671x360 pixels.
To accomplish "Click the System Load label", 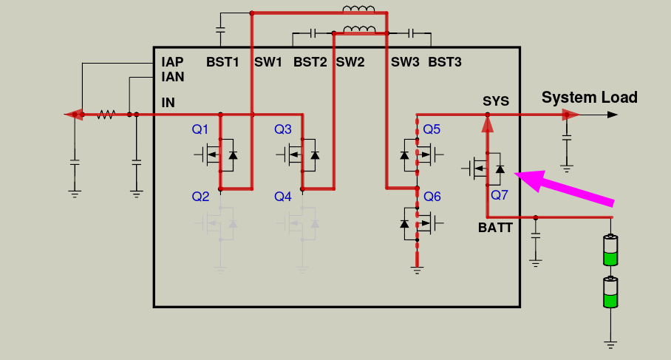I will (589, 98).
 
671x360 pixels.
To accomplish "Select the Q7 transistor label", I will (500, 195).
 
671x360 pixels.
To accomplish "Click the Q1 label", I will (200, 130).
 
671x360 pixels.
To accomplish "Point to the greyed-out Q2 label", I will (200, 197).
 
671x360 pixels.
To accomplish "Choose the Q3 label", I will (282, 130).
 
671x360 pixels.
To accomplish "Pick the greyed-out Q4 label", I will (282, 197).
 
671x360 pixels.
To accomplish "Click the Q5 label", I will (432, 130).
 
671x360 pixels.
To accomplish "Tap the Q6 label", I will (432, 197).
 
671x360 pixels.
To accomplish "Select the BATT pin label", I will (495, 227).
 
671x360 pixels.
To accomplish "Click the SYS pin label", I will (496, 101).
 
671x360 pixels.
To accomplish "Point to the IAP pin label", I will (173, 63).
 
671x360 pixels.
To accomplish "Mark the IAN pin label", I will (173, 76).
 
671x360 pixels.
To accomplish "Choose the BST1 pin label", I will (222, 63).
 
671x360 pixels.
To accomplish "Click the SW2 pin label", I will (350, 63).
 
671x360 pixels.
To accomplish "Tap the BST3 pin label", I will (445, 63).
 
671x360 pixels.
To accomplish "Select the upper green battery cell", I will (610, 251).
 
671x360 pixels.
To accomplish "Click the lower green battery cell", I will (610, 293).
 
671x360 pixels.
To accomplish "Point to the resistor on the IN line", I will (106, 115).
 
